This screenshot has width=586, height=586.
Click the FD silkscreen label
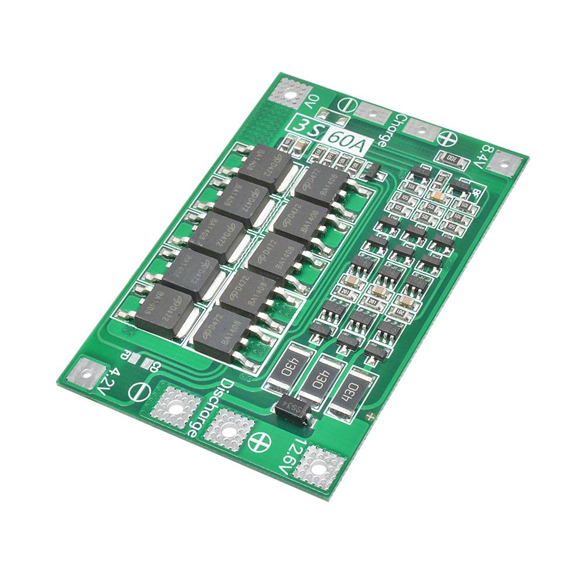point(125,354)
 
